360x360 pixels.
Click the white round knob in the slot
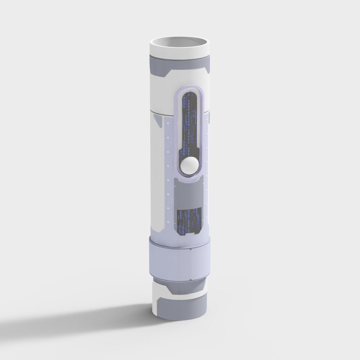click(189, 165)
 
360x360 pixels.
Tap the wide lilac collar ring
click(178, 259)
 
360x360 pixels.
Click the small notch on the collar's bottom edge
click(190, 280)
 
